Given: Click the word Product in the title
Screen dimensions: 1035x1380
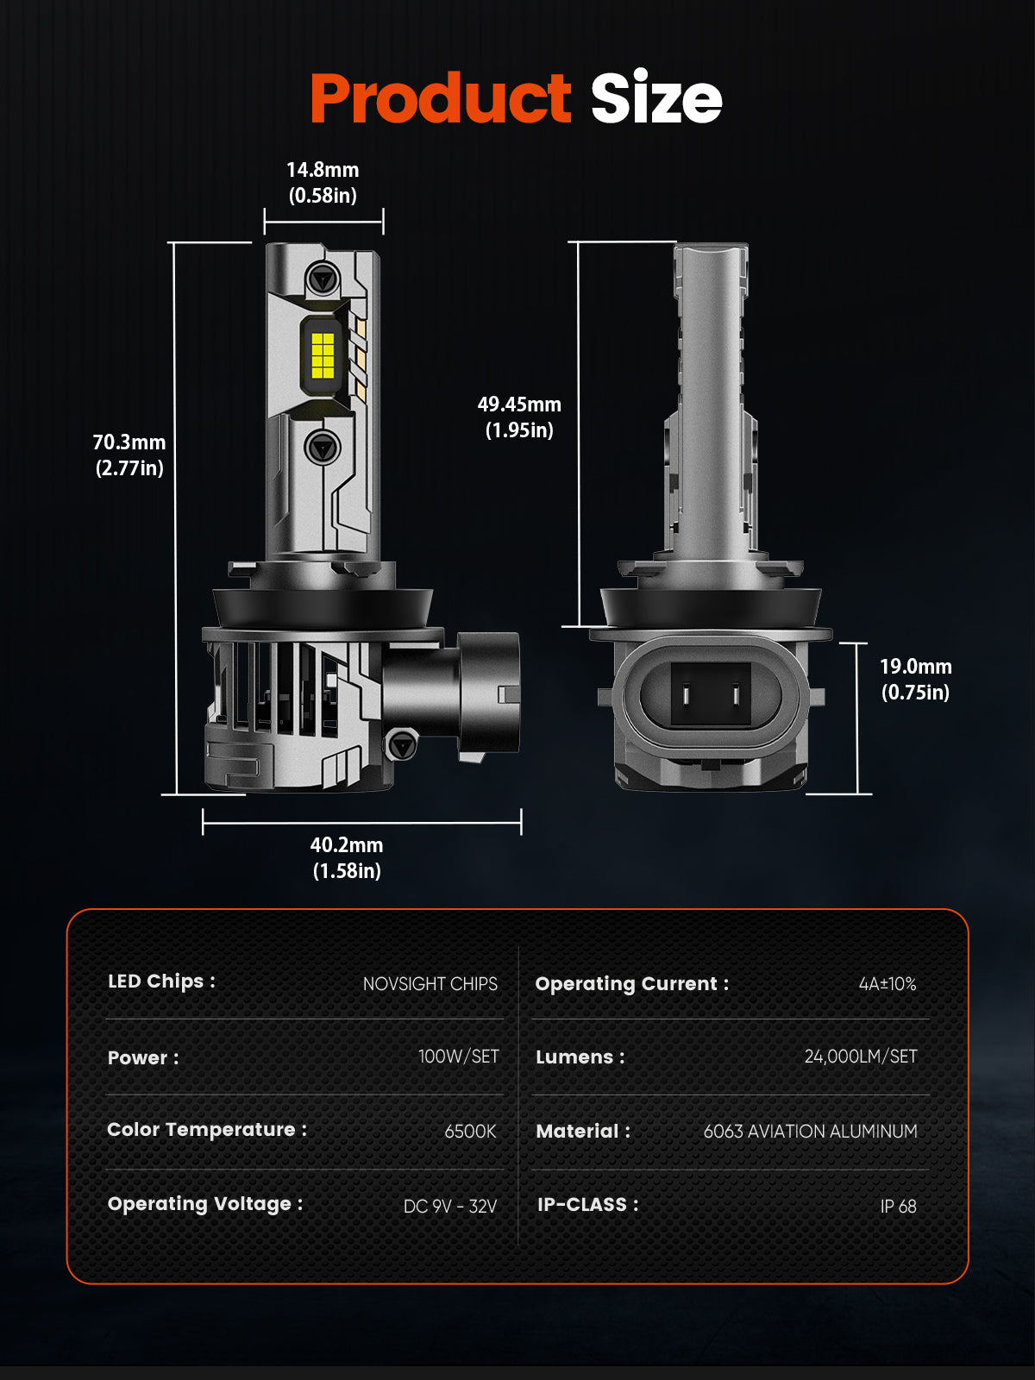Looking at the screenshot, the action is (441, 98).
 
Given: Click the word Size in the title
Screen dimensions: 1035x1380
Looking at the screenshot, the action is (656, 97).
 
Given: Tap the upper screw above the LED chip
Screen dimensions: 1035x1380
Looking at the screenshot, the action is (323, 279).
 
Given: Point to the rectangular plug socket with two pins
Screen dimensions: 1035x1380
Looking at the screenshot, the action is (711, 695).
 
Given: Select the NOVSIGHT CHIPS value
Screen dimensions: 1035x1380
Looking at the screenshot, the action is (430, 984).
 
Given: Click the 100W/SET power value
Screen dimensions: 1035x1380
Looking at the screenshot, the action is (459, 1057).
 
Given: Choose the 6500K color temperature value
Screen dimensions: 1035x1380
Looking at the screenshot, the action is (471, 1132).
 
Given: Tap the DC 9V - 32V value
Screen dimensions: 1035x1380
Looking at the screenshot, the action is (450, 1207).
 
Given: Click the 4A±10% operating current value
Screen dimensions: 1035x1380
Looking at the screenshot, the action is (888, 984).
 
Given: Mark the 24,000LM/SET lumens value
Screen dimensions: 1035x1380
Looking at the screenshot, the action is (861, 1057).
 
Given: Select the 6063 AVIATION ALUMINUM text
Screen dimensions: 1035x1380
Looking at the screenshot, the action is (810, 1132).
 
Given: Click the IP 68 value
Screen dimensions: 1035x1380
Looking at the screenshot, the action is (898, 1207).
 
